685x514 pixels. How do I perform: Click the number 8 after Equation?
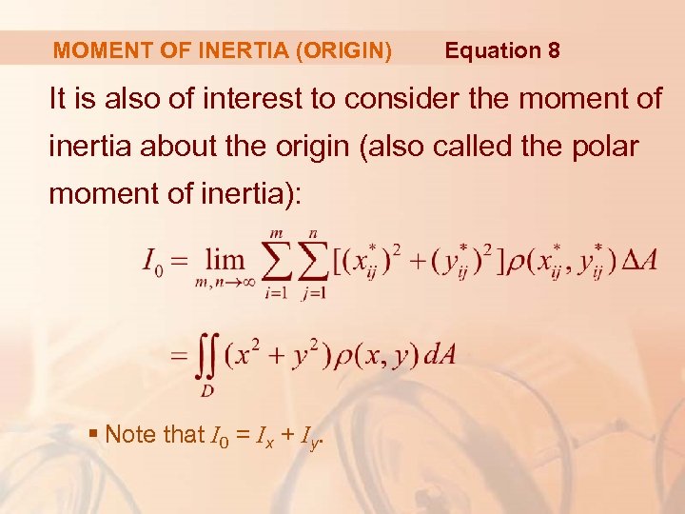coord(553,50)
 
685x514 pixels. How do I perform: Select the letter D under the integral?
coord(205,390)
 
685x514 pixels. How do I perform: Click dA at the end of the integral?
coord(439,356)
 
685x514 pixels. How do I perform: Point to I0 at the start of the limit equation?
coord(153,260)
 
